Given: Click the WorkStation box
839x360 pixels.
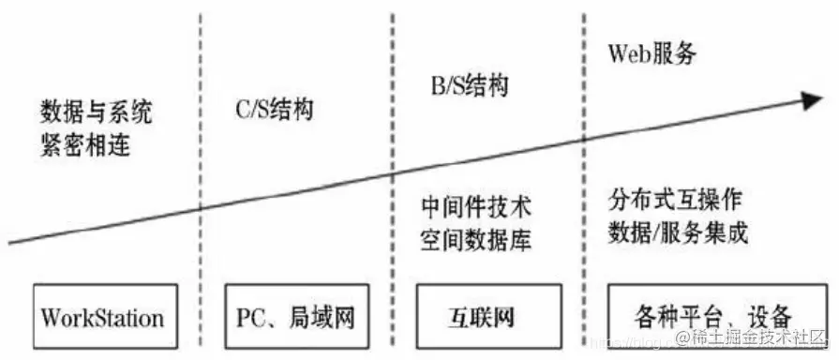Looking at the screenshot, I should click(x=102, y=316).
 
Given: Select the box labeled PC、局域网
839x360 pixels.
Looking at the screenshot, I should click(x=292, y=316).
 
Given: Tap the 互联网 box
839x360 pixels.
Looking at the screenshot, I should click(x=487, y=316).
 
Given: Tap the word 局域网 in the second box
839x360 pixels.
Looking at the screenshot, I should click(x=323, y=317).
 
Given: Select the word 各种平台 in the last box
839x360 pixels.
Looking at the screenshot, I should click(x=681, y=317).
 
